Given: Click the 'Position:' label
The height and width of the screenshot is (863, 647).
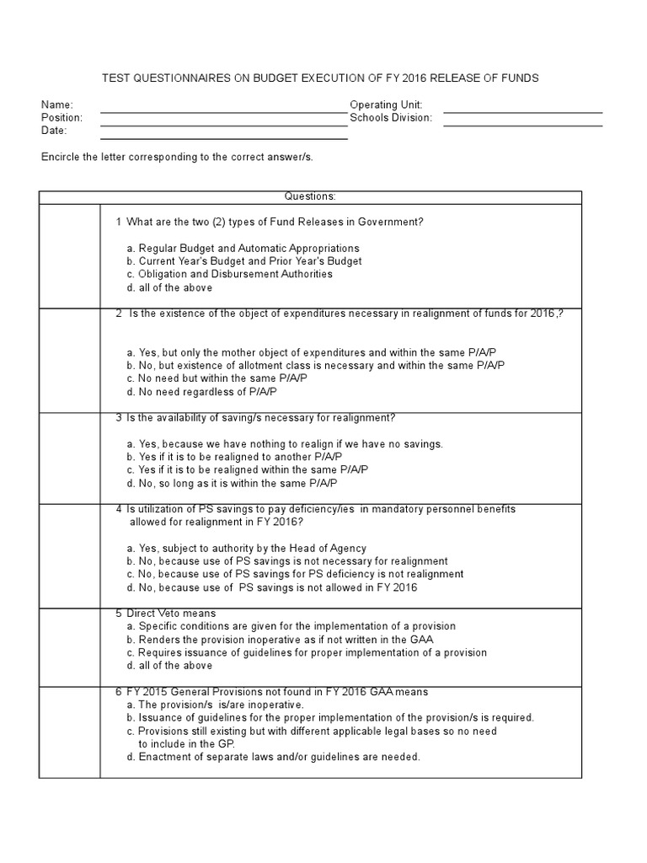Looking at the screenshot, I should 62,118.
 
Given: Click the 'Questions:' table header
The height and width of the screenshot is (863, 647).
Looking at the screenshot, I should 309,196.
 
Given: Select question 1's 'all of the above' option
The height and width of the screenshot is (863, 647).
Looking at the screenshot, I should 168,287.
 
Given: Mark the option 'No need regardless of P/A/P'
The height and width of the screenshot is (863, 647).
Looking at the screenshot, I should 201,392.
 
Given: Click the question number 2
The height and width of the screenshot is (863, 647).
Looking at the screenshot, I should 119,314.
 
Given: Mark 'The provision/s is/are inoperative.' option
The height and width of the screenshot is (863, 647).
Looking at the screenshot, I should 215,705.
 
